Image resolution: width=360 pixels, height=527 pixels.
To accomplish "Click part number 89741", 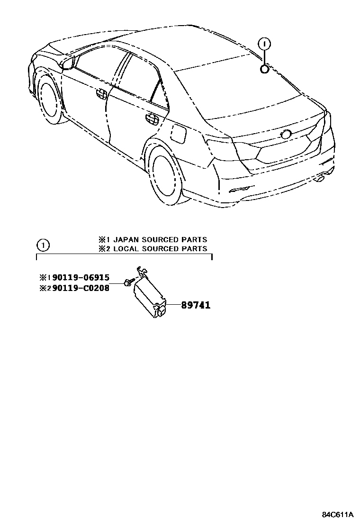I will pyautogui.click(x=195, y=306).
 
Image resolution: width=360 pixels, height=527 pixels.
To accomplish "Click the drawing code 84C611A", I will pyautogui.click(x=338, y=514).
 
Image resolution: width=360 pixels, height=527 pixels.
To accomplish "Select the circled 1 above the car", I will pyautogui.click(x=265, y=44).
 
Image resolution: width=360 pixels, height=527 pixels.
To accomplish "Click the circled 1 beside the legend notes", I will pyautogui.click(x=43, y=245).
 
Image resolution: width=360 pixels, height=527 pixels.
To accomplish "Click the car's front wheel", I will pyautogui.click(x=50, y=102).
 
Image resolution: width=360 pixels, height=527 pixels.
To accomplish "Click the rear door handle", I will pyautogui.click(x=152, y=119).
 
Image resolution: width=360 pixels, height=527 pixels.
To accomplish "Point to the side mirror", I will pyautogui.click(x=68, y=63).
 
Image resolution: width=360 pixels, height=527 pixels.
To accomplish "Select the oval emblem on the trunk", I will pyautogui.click(x=287, y=135).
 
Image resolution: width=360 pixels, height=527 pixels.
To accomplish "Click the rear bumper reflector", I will pyautogui.click(x=239, y=190).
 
